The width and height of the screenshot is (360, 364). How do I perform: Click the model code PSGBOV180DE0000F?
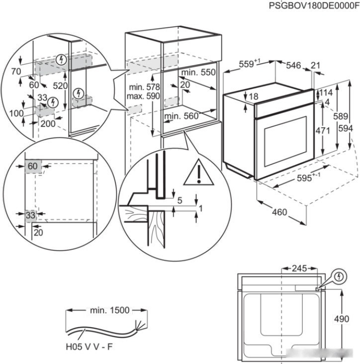[x=314, y=5]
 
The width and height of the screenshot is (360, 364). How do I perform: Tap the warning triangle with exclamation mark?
[x=198, y=174]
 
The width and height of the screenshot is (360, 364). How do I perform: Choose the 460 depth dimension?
[x=279, y=212]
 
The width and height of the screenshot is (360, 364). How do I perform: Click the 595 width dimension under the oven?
[x=302, y=178]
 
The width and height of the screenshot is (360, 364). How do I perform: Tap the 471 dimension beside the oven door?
[x=323, y=131]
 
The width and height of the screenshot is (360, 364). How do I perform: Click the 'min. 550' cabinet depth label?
[x=198, y=72]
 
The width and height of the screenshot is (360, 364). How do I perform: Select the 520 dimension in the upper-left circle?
[x=61, y=86]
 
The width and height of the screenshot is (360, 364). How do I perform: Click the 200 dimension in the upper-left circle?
[x=48, y=124]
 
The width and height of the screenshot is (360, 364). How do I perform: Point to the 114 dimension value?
[x=325, y=93]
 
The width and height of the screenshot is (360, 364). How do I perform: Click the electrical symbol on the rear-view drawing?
[x=338, y=275]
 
